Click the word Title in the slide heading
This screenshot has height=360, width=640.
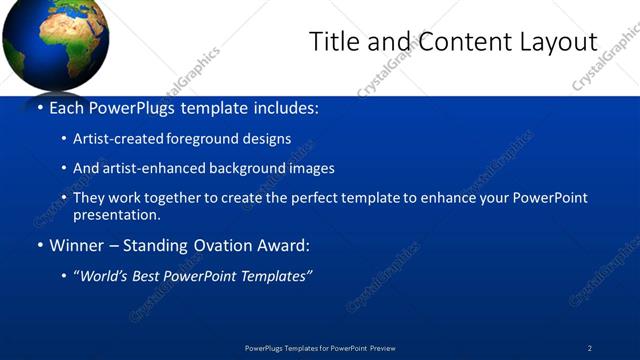(333, 42)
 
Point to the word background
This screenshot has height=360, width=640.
(245, 168)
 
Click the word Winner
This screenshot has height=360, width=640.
(75, 245)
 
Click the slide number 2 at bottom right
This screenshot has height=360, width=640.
(590, 348)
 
